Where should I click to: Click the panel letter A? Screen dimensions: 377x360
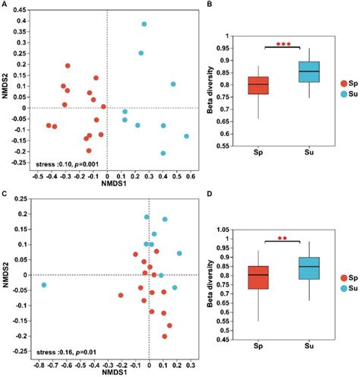[5, 5]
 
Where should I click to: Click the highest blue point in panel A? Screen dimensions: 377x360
[144, 24]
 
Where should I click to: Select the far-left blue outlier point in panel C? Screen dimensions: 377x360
[44, 285]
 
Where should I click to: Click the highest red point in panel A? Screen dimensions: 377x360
[68, 66]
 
